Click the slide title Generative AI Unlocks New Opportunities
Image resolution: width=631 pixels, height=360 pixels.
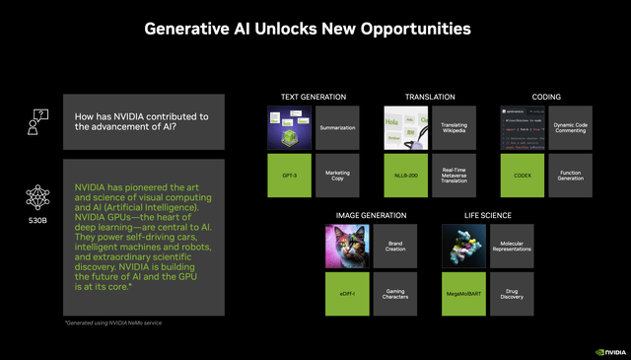pyautogui.click(x=315, y=29)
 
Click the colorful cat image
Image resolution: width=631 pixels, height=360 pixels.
pyautogui.click(x=347, y=247)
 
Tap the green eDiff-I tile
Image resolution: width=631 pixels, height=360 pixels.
pyautogui.click(x=347, y=294)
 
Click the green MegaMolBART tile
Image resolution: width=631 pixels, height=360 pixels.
pyautogui.click(x=463, y=294)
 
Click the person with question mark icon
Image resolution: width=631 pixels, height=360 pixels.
pyautogui.click(x=36, y=122)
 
